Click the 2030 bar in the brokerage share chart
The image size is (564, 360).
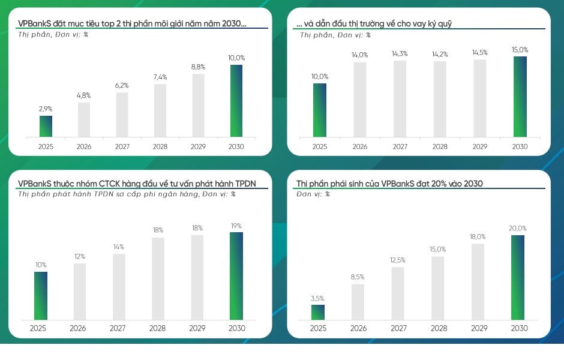point(236,101)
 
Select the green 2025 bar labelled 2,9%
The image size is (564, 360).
point(46,126)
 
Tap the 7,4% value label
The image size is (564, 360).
point(160,77)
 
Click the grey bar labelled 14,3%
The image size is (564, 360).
point(400,98)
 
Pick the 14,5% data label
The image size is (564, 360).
point(479,53)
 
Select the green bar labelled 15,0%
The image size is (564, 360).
point(520,97)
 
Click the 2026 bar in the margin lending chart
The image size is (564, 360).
point(360,100)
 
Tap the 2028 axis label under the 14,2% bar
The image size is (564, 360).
point(440,147)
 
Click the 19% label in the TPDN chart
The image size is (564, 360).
point(236,226)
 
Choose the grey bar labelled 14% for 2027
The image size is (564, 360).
point(119,286)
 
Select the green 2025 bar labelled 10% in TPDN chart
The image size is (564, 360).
point(40,295)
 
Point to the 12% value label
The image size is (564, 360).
point(80,257)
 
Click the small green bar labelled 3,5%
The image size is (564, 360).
point(318,312)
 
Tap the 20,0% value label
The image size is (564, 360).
point(518,229)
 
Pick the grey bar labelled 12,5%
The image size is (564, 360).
point(398,293)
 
